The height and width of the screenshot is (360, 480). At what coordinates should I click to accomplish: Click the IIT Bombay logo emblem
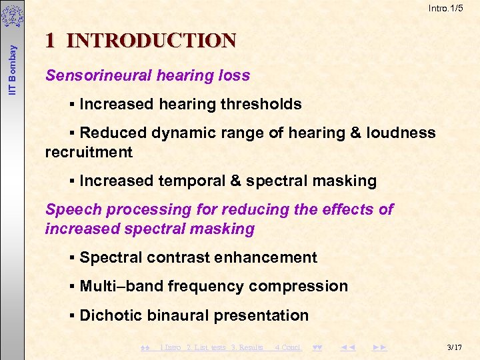[x=12, y=15]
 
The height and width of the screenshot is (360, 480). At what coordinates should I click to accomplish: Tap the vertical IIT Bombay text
[x=12, y=54]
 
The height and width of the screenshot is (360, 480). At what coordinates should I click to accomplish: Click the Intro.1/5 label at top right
[x=446, y=8]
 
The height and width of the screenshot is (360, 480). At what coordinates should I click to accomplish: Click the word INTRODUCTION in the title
[x=151, y=41]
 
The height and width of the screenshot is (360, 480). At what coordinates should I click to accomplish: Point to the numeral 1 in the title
[x=51, y=41]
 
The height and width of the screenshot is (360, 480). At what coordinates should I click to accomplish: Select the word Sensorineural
[x=99, y=75]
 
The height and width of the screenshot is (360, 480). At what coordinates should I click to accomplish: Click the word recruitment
[x=89, y=152]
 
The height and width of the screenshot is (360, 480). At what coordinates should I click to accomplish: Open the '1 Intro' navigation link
[x=171, y=347]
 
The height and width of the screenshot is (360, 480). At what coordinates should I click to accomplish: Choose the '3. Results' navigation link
[x=247, y=347]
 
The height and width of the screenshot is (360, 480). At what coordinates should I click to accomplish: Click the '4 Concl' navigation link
[x=288, y=347]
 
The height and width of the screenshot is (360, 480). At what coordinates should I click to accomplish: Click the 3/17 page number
[x=455, y=347]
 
